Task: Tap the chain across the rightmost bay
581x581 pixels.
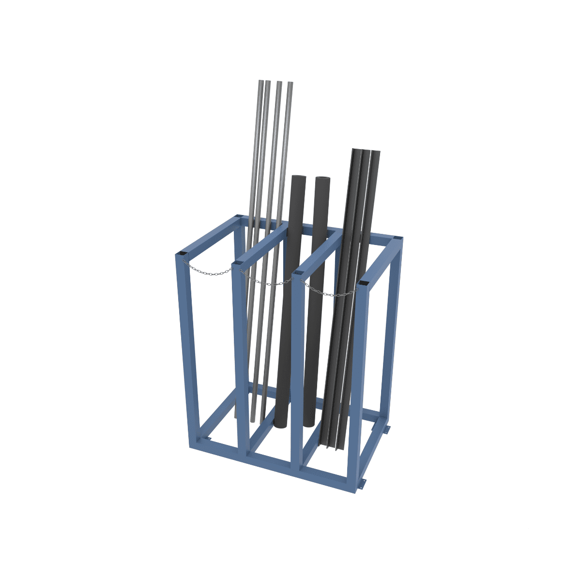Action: tap(329, 293)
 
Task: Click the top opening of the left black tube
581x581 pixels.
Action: tap(298, 178)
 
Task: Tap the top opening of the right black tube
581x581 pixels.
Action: tap(322, 180)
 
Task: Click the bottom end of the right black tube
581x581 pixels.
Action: tap(309, 425)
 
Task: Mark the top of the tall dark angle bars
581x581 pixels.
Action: tap(366, 152)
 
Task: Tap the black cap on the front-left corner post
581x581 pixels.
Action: tap(182, 254)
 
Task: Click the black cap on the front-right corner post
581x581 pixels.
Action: tap(364, 283)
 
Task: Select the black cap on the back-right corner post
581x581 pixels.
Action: tap(397, 237)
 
